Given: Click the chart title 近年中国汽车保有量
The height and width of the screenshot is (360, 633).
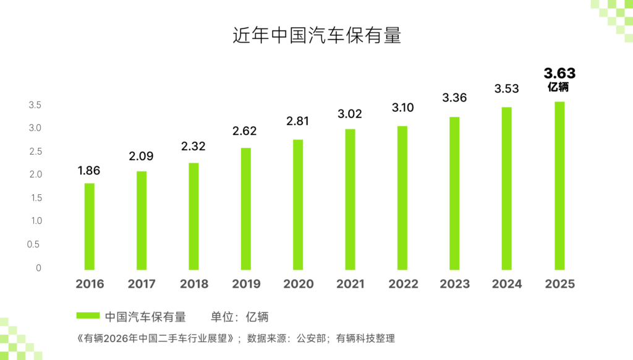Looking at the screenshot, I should click(316, 35).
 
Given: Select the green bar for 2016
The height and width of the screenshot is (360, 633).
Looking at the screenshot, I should click(90, 226).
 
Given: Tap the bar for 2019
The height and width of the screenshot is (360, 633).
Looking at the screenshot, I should click(246, 208).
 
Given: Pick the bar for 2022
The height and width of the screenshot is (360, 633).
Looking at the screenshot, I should click(402, 198).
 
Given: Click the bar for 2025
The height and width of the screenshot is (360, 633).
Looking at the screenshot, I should click(559, 186).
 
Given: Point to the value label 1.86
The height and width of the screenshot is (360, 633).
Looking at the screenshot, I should click(89, 171).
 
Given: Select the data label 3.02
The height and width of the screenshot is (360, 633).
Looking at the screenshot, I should click(350, 114).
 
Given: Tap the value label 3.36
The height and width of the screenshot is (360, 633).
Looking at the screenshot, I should click(454, 98).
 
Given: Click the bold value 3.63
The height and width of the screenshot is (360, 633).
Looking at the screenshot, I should click(559, 74).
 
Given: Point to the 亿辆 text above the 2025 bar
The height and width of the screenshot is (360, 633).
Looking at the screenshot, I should click(559, 87).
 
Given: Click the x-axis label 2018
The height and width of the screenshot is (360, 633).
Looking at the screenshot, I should click(194, 285).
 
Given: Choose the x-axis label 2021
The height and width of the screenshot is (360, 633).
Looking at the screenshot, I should click(350, 285).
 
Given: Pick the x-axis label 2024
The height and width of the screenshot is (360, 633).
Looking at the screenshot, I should click(507, 285).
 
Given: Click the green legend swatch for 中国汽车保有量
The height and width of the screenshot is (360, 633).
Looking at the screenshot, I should click(88, 316).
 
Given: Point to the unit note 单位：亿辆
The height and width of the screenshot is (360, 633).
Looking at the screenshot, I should click(240, 317).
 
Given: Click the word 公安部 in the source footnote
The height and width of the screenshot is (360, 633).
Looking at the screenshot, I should click(310, 338).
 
